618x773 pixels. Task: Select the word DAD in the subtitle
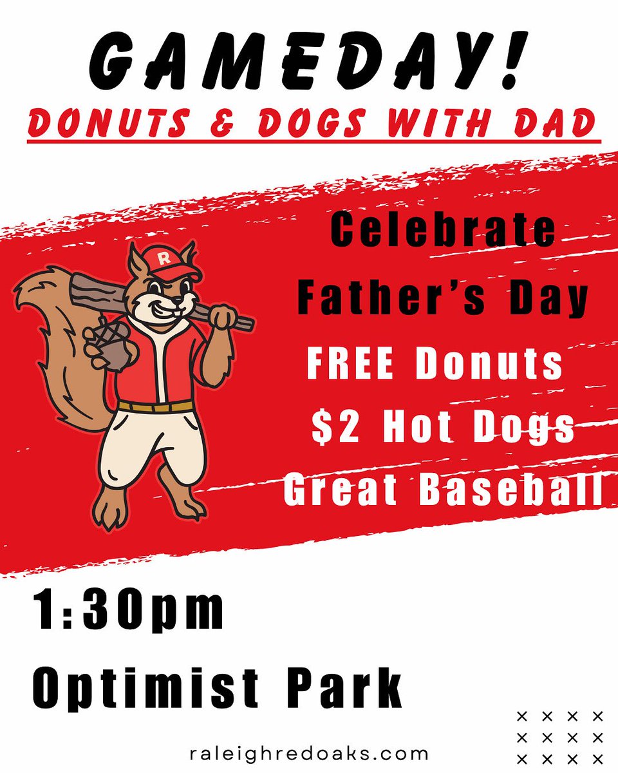[548, 123]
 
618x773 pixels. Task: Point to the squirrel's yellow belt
[155, 406]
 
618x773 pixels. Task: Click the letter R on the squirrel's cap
[163, 259]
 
